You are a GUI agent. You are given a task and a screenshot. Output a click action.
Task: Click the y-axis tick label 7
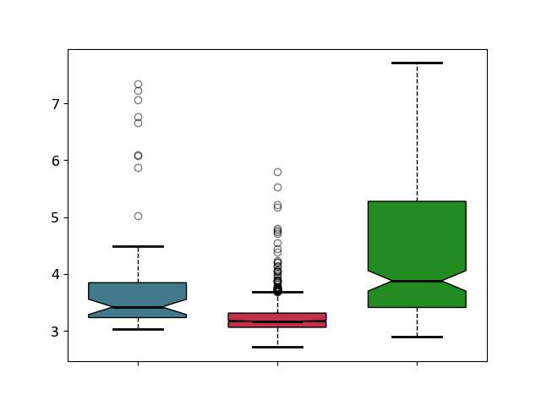(56, 104)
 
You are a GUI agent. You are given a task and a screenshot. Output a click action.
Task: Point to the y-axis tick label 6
(56, 161)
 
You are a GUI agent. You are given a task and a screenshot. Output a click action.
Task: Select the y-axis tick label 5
(56, 218)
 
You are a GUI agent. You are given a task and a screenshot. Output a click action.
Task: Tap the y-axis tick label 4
(56, 275)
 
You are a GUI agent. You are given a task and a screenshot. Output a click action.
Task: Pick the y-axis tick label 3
(56, 332)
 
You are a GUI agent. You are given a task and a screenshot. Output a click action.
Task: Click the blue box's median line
(138, 307)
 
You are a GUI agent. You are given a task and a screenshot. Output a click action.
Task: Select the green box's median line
(417, 281)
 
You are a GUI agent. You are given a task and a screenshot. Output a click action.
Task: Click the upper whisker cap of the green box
(417, 63)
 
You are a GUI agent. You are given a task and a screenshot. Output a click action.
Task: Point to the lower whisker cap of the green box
(417, 337)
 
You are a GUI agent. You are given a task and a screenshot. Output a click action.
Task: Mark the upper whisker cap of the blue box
(138, 246)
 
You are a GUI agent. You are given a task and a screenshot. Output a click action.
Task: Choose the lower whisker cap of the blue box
(138, 329)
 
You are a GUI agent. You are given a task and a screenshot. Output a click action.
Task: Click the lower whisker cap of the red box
(277, 347)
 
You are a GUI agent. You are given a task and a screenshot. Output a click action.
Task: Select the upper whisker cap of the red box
(277, 292)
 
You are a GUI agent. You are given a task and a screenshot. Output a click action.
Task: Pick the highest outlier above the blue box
(139, 85)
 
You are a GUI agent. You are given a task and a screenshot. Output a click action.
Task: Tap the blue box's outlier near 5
(139, 217)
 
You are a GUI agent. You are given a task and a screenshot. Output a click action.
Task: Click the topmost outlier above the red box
(278, 172)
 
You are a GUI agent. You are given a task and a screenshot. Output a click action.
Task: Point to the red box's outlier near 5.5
(278, 188)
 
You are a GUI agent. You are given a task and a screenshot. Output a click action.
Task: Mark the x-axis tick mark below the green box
(417, 364)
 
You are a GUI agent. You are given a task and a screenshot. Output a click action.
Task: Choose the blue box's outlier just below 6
(139, 168)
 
